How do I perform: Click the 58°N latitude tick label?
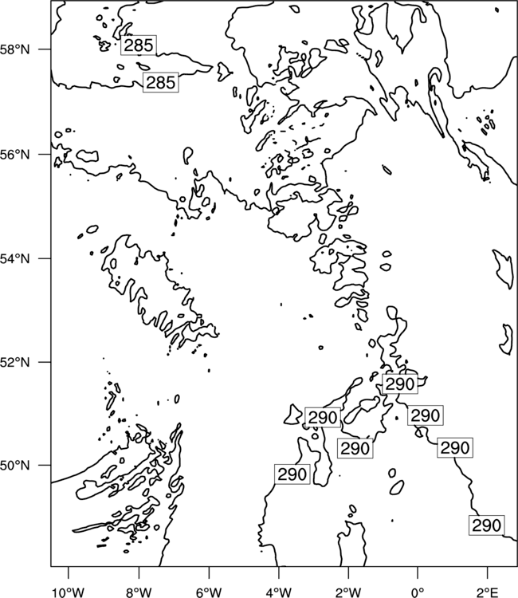tap(14, 49)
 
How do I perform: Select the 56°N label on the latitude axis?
tap(14, 155)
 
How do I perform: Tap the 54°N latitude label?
tap(14, 258)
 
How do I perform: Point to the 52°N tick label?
tap(14, 362)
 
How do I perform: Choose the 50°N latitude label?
tap(14, 466)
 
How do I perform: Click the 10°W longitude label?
tap(69, 592)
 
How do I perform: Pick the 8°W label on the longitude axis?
tap(139, 592)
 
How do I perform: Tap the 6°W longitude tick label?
tap(209, 592)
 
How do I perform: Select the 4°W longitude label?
tap(279, 592)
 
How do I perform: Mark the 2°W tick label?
tap(348, 592)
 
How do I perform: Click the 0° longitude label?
tap(418, 592)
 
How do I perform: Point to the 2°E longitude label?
tap(488, 592)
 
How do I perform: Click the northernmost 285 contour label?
tap(139, 45)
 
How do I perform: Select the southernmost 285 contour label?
tap(161, 82)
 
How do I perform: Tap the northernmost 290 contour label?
tap(400, 384)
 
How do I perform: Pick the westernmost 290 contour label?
tap(292, 474)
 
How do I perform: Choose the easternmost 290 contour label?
tap(486, 526)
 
